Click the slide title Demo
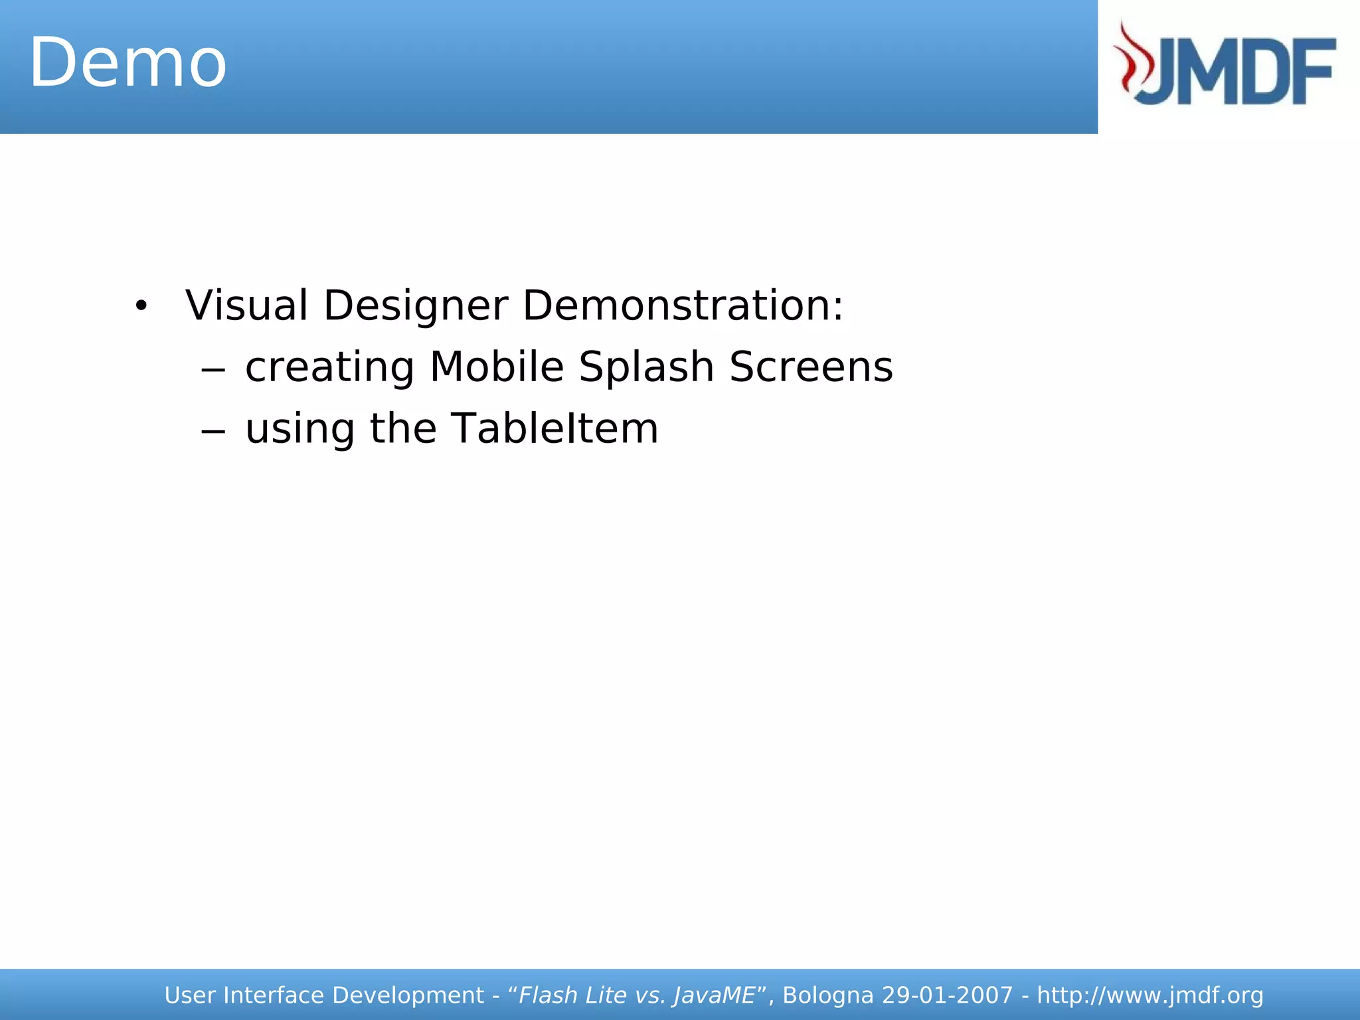(128, 64)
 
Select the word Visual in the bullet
(246, 306)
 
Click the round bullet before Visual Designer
(140, 307)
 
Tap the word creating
(329, 367)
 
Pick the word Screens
(811, 367)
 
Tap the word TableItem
(554, 428)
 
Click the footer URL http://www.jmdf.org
(1149, 995)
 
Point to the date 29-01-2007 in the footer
(948, 995)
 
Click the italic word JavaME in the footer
(714, 995)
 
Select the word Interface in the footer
(274, 995)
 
